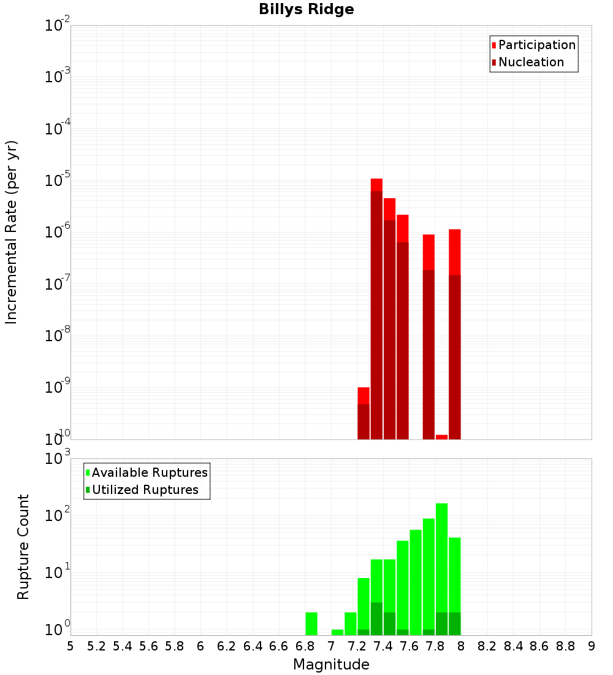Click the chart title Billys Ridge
point(306,9)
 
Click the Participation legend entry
point(536,45)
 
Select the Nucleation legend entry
point(530,62)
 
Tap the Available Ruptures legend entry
point(149,472)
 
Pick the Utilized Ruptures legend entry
point(145,490)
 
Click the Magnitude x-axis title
point(331,665)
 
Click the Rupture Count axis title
point(23,546)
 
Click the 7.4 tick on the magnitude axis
point(383,646)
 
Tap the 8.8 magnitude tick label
point(565,646)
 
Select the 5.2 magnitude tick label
point(96,646)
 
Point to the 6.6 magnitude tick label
point(279,646)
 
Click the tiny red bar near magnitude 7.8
point(441,437)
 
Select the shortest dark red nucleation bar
point(364,422)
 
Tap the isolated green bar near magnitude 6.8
point(311,623)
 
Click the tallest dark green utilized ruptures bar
point(376,619)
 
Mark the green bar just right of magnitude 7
point(337,632)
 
